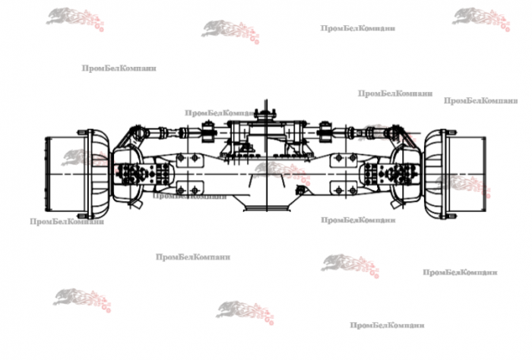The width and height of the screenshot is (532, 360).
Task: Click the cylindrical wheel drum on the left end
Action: coord(65,174)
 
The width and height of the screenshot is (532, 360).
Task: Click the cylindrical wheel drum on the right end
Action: coord(467,174)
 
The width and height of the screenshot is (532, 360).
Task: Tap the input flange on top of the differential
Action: coord(266,115)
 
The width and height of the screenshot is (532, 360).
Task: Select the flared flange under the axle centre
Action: coord(267,207)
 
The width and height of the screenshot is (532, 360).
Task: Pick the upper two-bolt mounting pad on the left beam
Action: coord(190,158)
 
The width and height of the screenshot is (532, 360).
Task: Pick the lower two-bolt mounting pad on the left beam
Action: coord(190,189)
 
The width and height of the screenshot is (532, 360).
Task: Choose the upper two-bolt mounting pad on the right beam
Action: coord(344,158)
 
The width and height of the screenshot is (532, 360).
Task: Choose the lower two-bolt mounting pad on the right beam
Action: coord(344,189)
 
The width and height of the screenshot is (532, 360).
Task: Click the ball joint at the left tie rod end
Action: coord(137,131)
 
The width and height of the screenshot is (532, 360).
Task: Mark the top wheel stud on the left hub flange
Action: coord(81,131)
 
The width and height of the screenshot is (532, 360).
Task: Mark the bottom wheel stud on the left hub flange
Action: coord(81,216)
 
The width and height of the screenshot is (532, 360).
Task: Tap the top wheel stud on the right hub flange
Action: coord(450,131)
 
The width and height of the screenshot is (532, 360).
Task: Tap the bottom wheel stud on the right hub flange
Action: coord(450,216)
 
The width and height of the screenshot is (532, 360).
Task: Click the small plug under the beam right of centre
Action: coord(300,190)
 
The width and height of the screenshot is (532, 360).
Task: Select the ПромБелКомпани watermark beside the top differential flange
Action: coord(220,113)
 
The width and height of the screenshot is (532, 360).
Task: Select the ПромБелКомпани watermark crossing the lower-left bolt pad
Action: coord(190,196)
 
